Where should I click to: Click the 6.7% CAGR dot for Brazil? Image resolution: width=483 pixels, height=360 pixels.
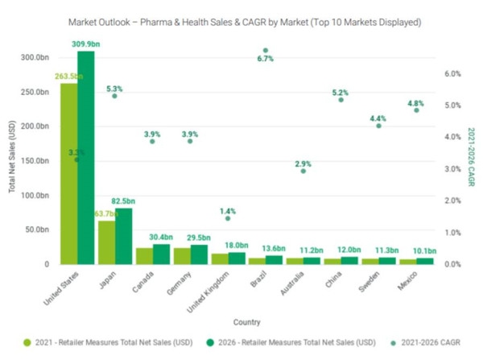pos(266,51)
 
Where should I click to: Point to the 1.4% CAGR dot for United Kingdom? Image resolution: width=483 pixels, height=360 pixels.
pos(228,218)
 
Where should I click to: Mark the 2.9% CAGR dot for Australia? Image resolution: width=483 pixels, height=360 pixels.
pos(303,171)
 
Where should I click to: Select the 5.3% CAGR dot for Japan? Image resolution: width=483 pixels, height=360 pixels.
pos(114,96)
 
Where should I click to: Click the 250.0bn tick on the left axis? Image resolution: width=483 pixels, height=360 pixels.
pos(35,93)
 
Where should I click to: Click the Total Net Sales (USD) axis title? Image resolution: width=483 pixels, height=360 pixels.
pos(12,160)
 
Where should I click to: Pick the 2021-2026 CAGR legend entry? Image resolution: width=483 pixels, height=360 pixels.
pos(429,343)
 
